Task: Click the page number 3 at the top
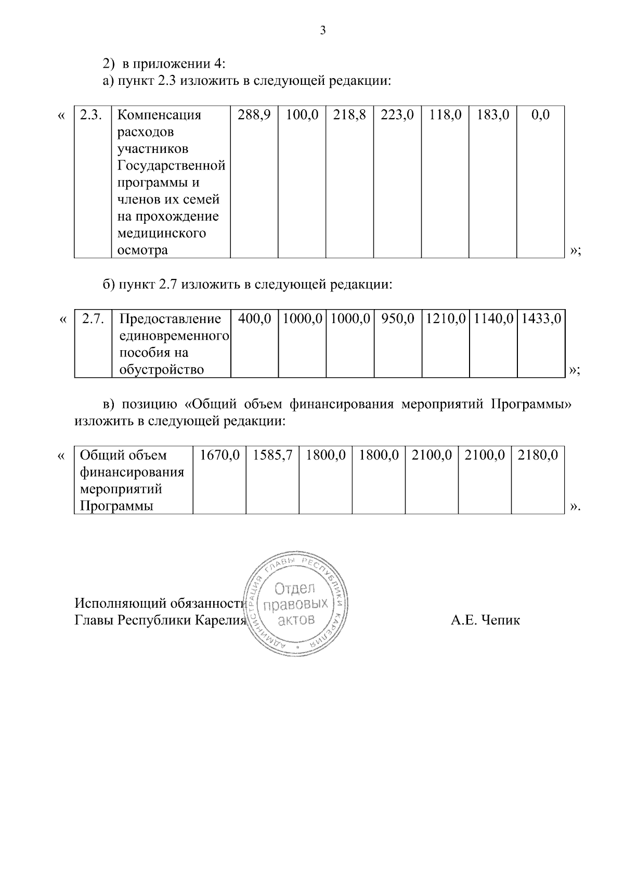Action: [x=322, y=31]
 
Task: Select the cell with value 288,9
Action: [x=254, y=115]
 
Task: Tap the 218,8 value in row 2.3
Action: [x=349, y=115]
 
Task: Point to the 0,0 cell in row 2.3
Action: [x=540, y=115]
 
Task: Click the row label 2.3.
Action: [x=93, y=115]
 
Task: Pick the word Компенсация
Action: [x=159, y=115]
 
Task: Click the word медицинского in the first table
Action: [x=162, y=233]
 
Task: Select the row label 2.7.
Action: [x=94, y=318]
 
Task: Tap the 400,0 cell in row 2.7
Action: [x=255, y=318]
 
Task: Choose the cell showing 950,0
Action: [x=398, y=318]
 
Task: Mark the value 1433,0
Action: [x=541, y=318]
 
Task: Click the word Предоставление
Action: [x=170, y=318]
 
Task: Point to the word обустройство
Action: [x=161, y=369]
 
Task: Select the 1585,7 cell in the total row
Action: [x=272, y=455]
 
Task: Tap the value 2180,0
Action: [x=538, y=455]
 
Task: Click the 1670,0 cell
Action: [x=219, y=455]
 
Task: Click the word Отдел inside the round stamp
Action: [x=295, y=589]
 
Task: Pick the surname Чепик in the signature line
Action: [x=500, y=620]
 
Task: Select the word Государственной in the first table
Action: [x=172, y=165]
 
